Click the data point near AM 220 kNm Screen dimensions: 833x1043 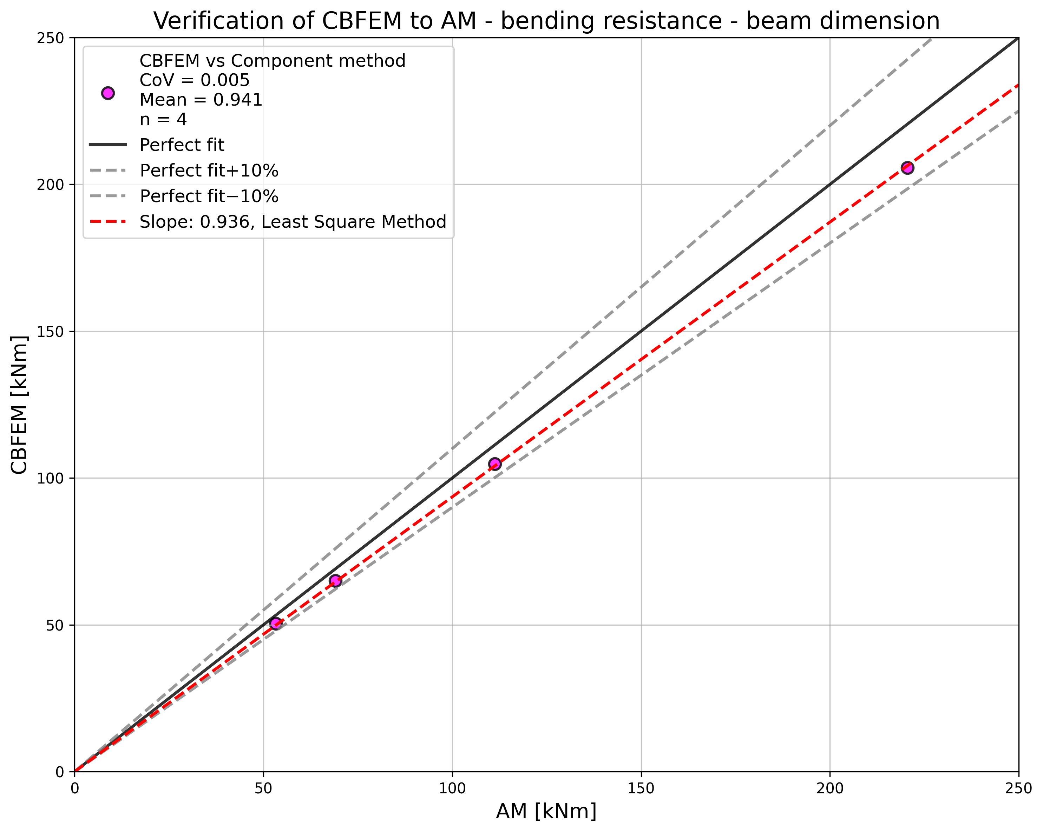[907, 168]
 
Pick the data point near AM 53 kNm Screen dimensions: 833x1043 [275, 624]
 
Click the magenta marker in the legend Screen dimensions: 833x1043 [108, 93]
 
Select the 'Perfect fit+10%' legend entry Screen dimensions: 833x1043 [209, 171]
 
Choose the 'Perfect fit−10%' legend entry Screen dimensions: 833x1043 [209, 196]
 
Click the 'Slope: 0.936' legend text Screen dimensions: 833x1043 [293, 222]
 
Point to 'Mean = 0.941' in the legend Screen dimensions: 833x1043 [201, 100]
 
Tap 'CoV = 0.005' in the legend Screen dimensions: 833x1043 [195, 80]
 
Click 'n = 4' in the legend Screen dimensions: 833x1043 [163, 119]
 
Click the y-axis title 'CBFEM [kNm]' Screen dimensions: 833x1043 [19, 405]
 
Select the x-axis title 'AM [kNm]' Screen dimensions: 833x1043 [546, 812]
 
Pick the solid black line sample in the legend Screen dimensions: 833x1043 [108, 145]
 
